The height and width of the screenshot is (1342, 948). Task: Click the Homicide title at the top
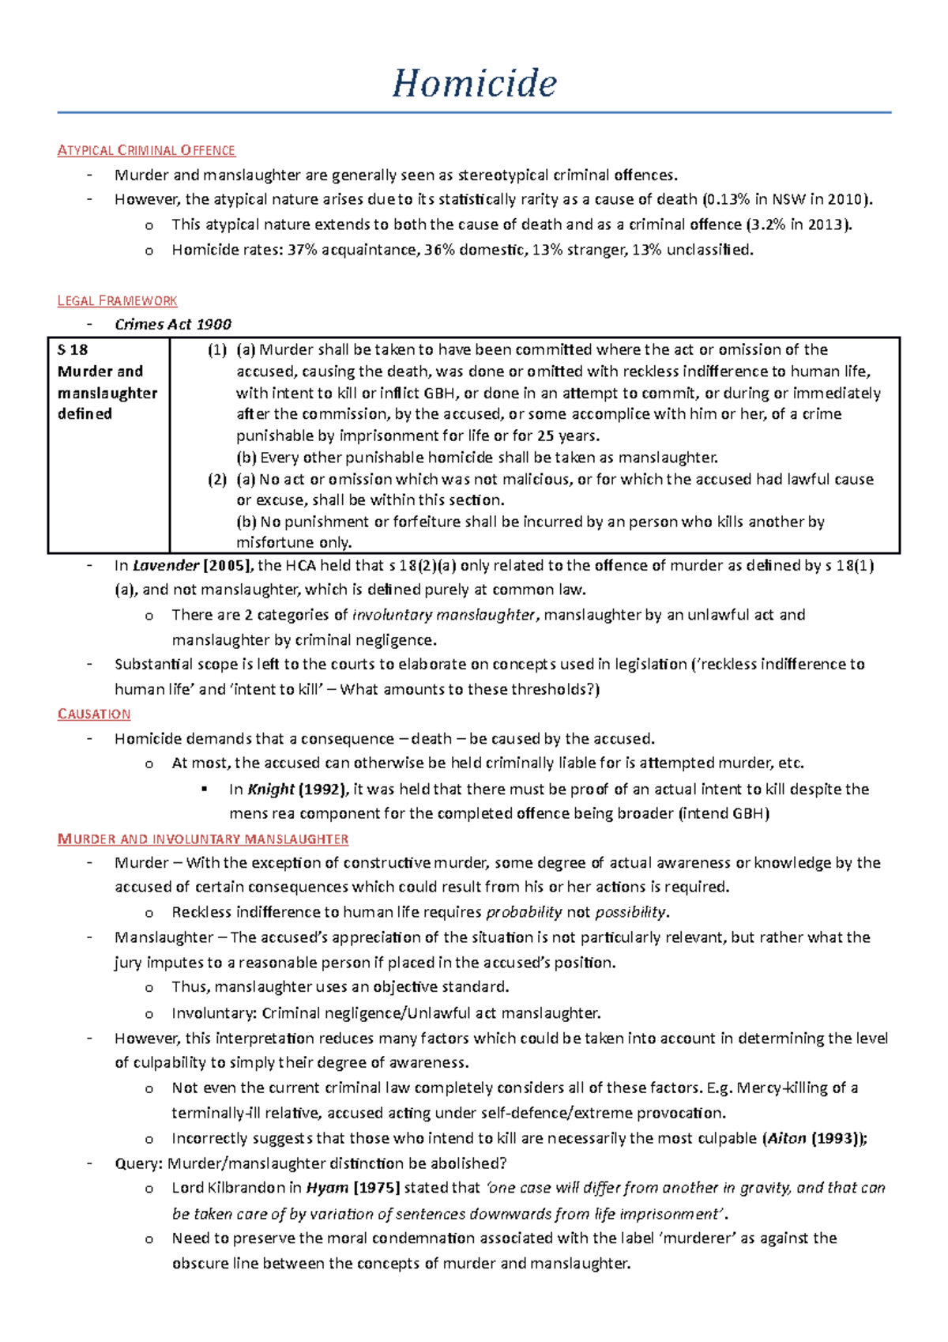point(474,83)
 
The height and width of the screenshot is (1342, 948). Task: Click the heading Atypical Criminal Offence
point(146,150)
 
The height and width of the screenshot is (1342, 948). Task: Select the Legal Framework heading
point(117,300)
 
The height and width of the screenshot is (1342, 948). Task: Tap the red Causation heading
point(94,714)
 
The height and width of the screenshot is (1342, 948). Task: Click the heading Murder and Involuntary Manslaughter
point(203,839)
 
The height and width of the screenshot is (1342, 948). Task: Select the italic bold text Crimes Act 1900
point(172,324)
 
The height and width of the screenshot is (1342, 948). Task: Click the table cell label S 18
point(73,349)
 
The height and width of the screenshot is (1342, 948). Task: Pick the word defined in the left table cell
point(85,414)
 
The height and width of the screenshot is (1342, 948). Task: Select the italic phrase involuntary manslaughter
point(443,615)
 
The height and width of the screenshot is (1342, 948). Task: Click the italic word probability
point(523,912)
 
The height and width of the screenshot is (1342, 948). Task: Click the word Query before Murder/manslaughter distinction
point(137,1163)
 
